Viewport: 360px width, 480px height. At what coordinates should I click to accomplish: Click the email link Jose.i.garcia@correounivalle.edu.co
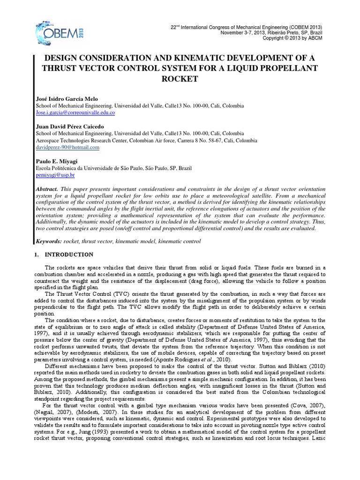(75, 113)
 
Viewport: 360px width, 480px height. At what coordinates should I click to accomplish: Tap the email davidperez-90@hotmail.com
(67, 147)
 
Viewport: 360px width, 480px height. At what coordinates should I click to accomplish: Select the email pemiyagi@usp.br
(55, 175)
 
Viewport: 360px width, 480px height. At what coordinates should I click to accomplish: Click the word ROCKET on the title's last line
(180, 79)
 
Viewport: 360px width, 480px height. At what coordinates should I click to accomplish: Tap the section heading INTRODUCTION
(69, 255)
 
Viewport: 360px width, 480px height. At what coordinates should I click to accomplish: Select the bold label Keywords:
(49, 241)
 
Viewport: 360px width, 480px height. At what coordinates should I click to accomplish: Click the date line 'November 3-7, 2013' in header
(242, 33)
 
